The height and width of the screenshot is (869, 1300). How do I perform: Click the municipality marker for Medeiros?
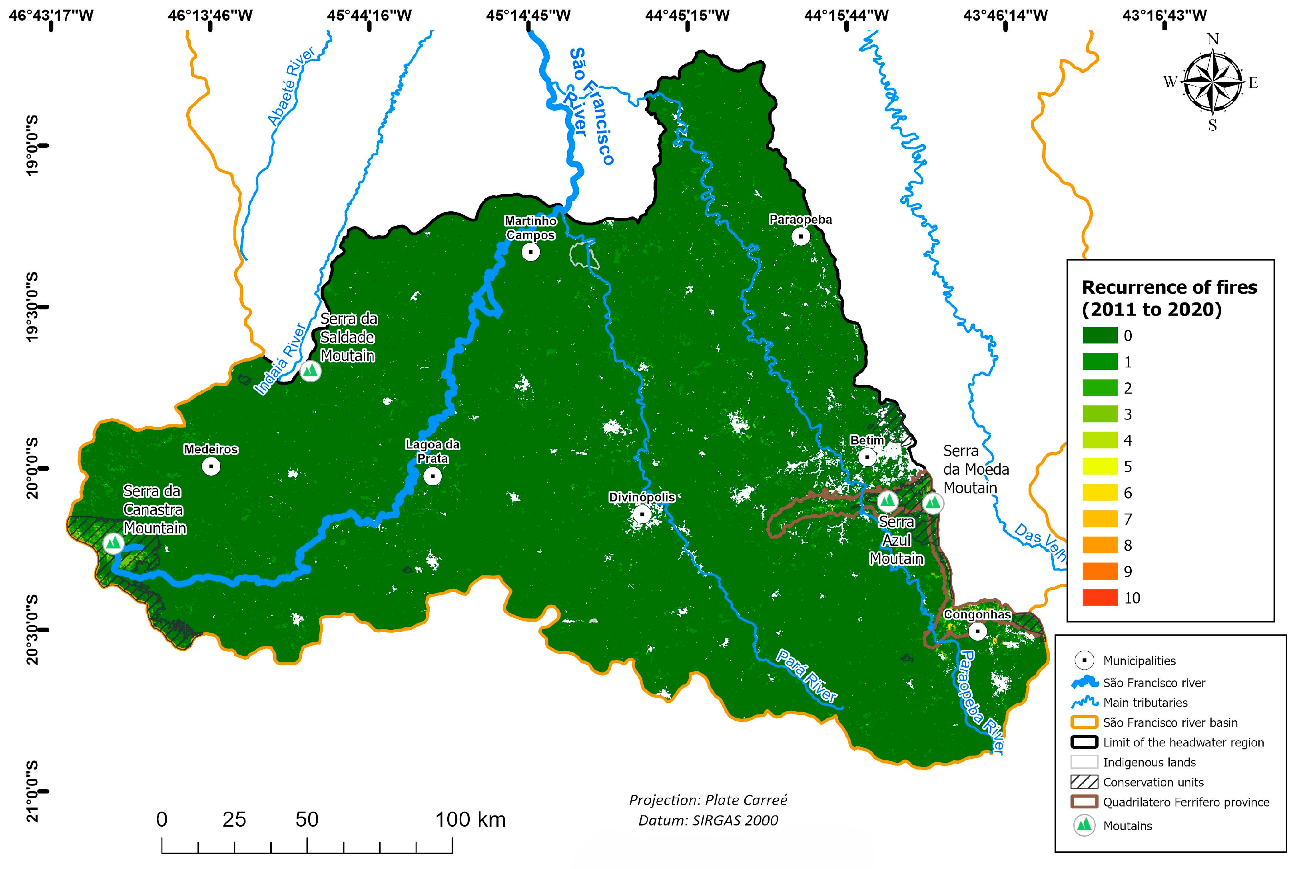coord(211,467)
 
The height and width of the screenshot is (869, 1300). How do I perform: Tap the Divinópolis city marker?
coord(642,514)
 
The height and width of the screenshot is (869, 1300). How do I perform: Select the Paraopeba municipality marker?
coord(801,236)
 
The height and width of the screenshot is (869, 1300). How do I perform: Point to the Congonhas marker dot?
coord(978,631)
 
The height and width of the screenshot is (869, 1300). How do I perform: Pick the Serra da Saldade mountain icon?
coord(311,371)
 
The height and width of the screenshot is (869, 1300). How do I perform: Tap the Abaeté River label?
coord(291,86)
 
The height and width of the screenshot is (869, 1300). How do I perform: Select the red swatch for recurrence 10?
coord(1099,597)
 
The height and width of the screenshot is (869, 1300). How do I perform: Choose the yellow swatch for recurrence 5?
coord(1099,467)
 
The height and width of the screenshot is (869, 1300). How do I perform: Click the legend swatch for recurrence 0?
coord(1099,335)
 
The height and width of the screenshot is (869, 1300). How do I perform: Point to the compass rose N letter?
coord(1212,39)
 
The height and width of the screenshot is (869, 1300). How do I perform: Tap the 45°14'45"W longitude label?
coord(528,15)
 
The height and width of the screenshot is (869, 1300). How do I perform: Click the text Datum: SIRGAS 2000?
coord(708,820)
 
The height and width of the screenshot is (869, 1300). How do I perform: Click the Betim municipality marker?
coord(867,457)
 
